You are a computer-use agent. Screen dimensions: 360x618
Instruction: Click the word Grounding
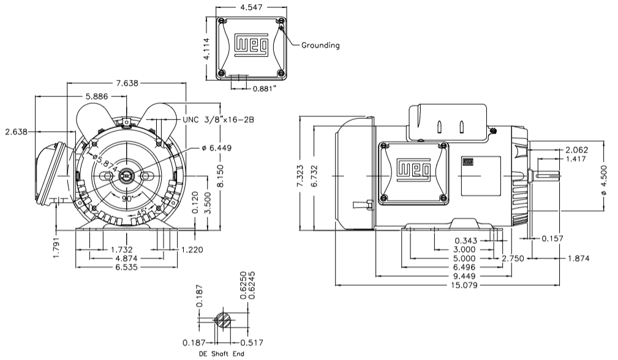coord(320,45)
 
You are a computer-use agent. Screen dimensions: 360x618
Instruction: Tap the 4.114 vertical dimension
coord(209,47)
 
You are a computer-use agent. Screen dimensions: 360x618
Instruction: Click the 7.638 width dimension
coord(126,83)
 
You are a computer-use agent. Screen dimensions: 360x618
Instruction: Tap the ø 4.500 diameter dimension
coord(605,181)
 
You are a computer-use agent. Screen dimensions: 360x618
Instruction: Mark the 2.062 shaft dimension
coord(577,150)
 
